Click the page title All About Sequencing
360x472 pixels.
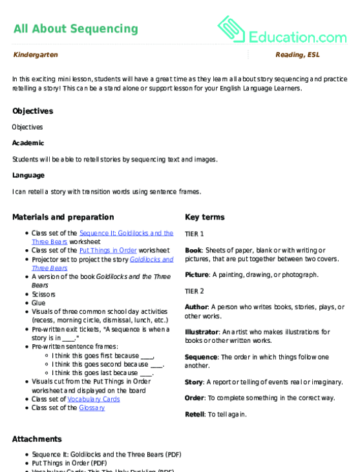click(x=75, y=28)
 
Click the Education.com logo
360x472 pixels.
click(x=282, y=30)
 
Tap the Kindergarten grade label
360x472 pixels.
click(x=35, y=55)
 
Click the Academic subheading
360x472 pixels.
click(x=28, y=143)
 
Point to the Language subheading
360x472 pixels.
click(x=28, y=175)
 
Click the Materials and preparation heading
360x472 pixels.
click(x=63, y=217)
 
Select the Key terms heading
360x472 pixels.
click(x=204, y=217)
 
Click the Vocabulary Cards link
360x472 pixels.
click(x=93, y=399)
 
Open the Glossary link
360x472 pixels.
click(x=91, y=407)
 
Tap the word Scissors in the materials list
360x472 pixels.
click(x=43, y=294)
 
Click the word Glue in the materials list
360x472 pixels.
click(x=38, y=302)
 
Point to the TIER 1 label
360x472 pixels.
click(x=194, y=234)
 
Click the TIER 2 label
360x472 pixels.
click(x=194, y=291)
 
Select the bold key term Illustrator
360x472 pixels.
click(x=201, y=332)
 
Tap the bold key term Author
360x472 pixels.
click(x=196, y=307)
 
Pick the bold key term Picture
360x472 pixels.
click(x=196, y=274)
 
